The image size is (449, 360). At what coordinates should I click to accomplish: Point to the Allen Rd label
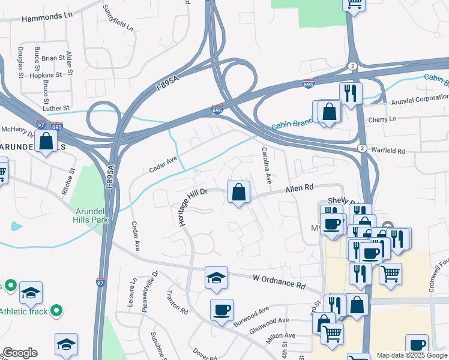coord(300,188)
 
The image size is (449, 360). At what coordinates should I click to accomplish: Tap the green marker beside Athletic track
coord(56,311)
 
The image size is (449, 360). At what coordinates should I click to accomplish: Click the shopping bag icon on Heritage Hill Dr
coord(238,193)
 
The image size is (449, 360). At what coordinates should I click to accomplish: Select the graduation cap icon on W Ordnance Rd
coord(216,278)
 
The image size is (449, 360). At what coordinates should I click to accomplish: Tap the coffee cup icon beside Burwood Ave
coord(221,310)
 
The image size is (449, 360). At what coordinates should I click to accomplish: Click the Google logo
coord(20,353)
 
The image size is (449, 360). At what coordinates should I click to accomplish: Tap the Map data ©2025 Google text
coord(411,355)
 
